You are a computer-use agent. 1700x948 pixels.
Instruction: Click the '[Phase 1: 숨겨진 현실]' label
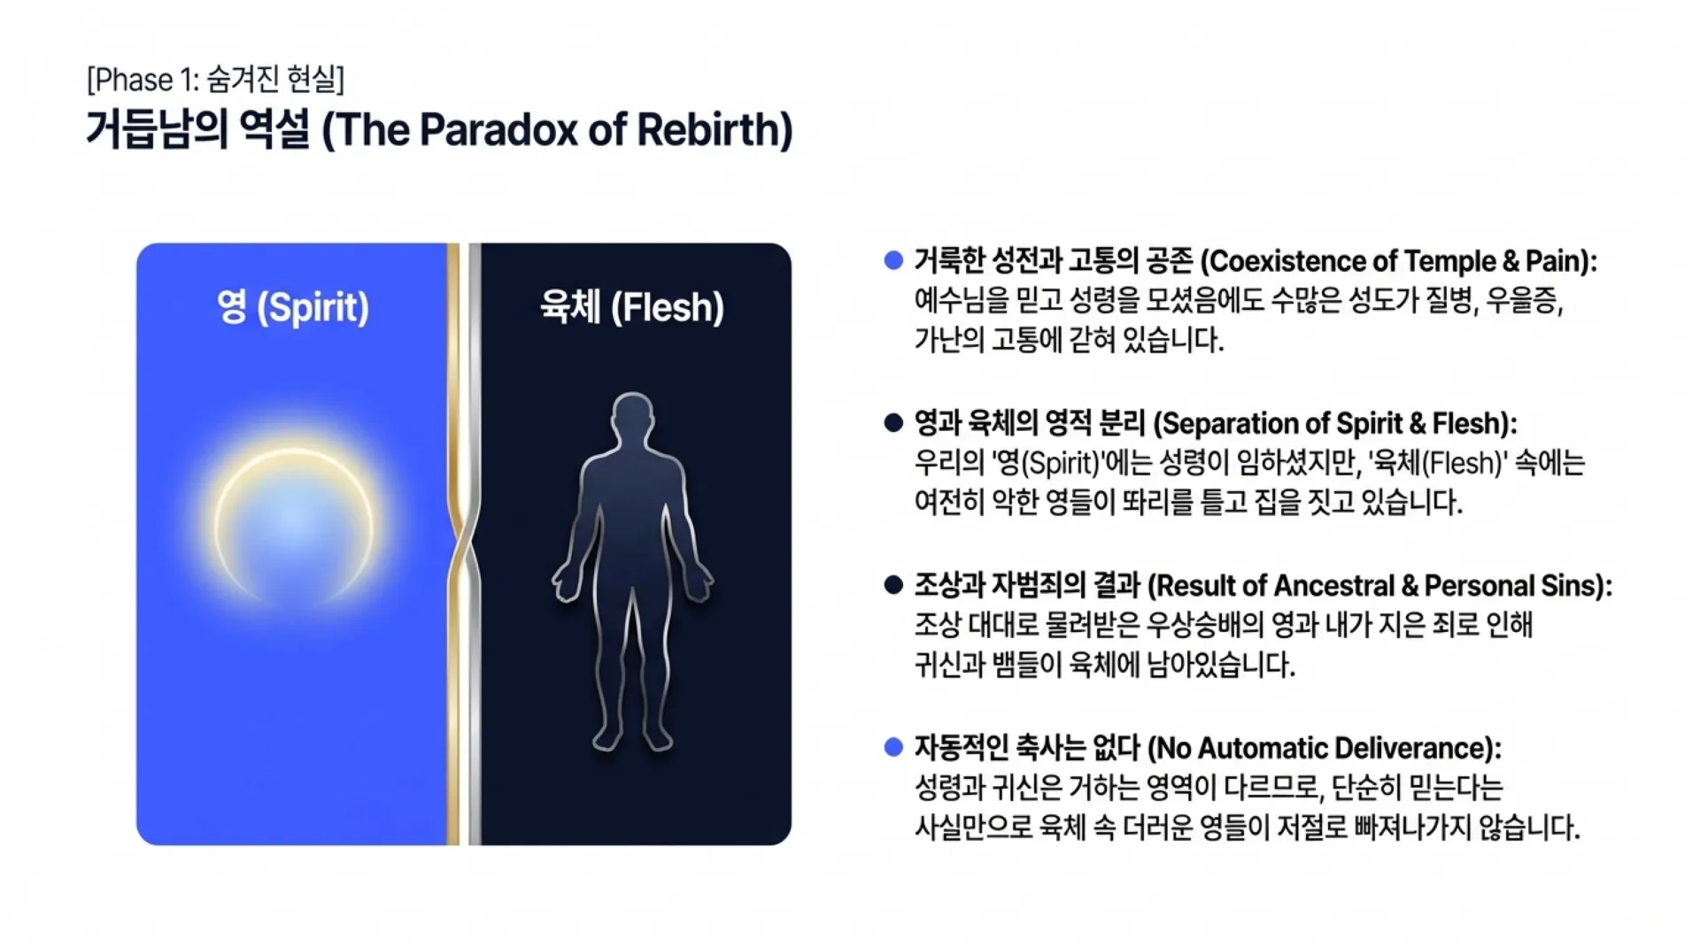(215, 80)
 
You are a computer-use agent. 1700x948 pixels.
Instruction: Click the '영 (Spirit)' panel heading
(292, 307)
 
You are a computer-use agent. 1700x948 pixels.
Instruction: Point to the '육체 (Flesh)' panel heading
(632, 307)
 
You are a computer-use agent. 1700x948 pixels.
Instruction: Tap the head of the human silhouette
(633, 420)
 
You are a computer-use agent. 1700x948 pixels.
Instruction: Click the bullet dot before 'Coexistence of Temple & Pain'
(893, 260)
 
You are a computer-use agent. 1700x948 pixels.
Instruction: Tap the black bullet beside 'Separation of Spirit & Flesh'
(893, 422)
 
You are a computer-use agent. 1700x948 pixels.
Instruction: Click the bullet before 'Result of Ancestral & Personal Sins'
(893, 585)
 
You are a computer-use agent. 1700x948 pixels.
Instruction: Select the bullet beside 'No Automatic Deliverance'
(893, 747)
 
